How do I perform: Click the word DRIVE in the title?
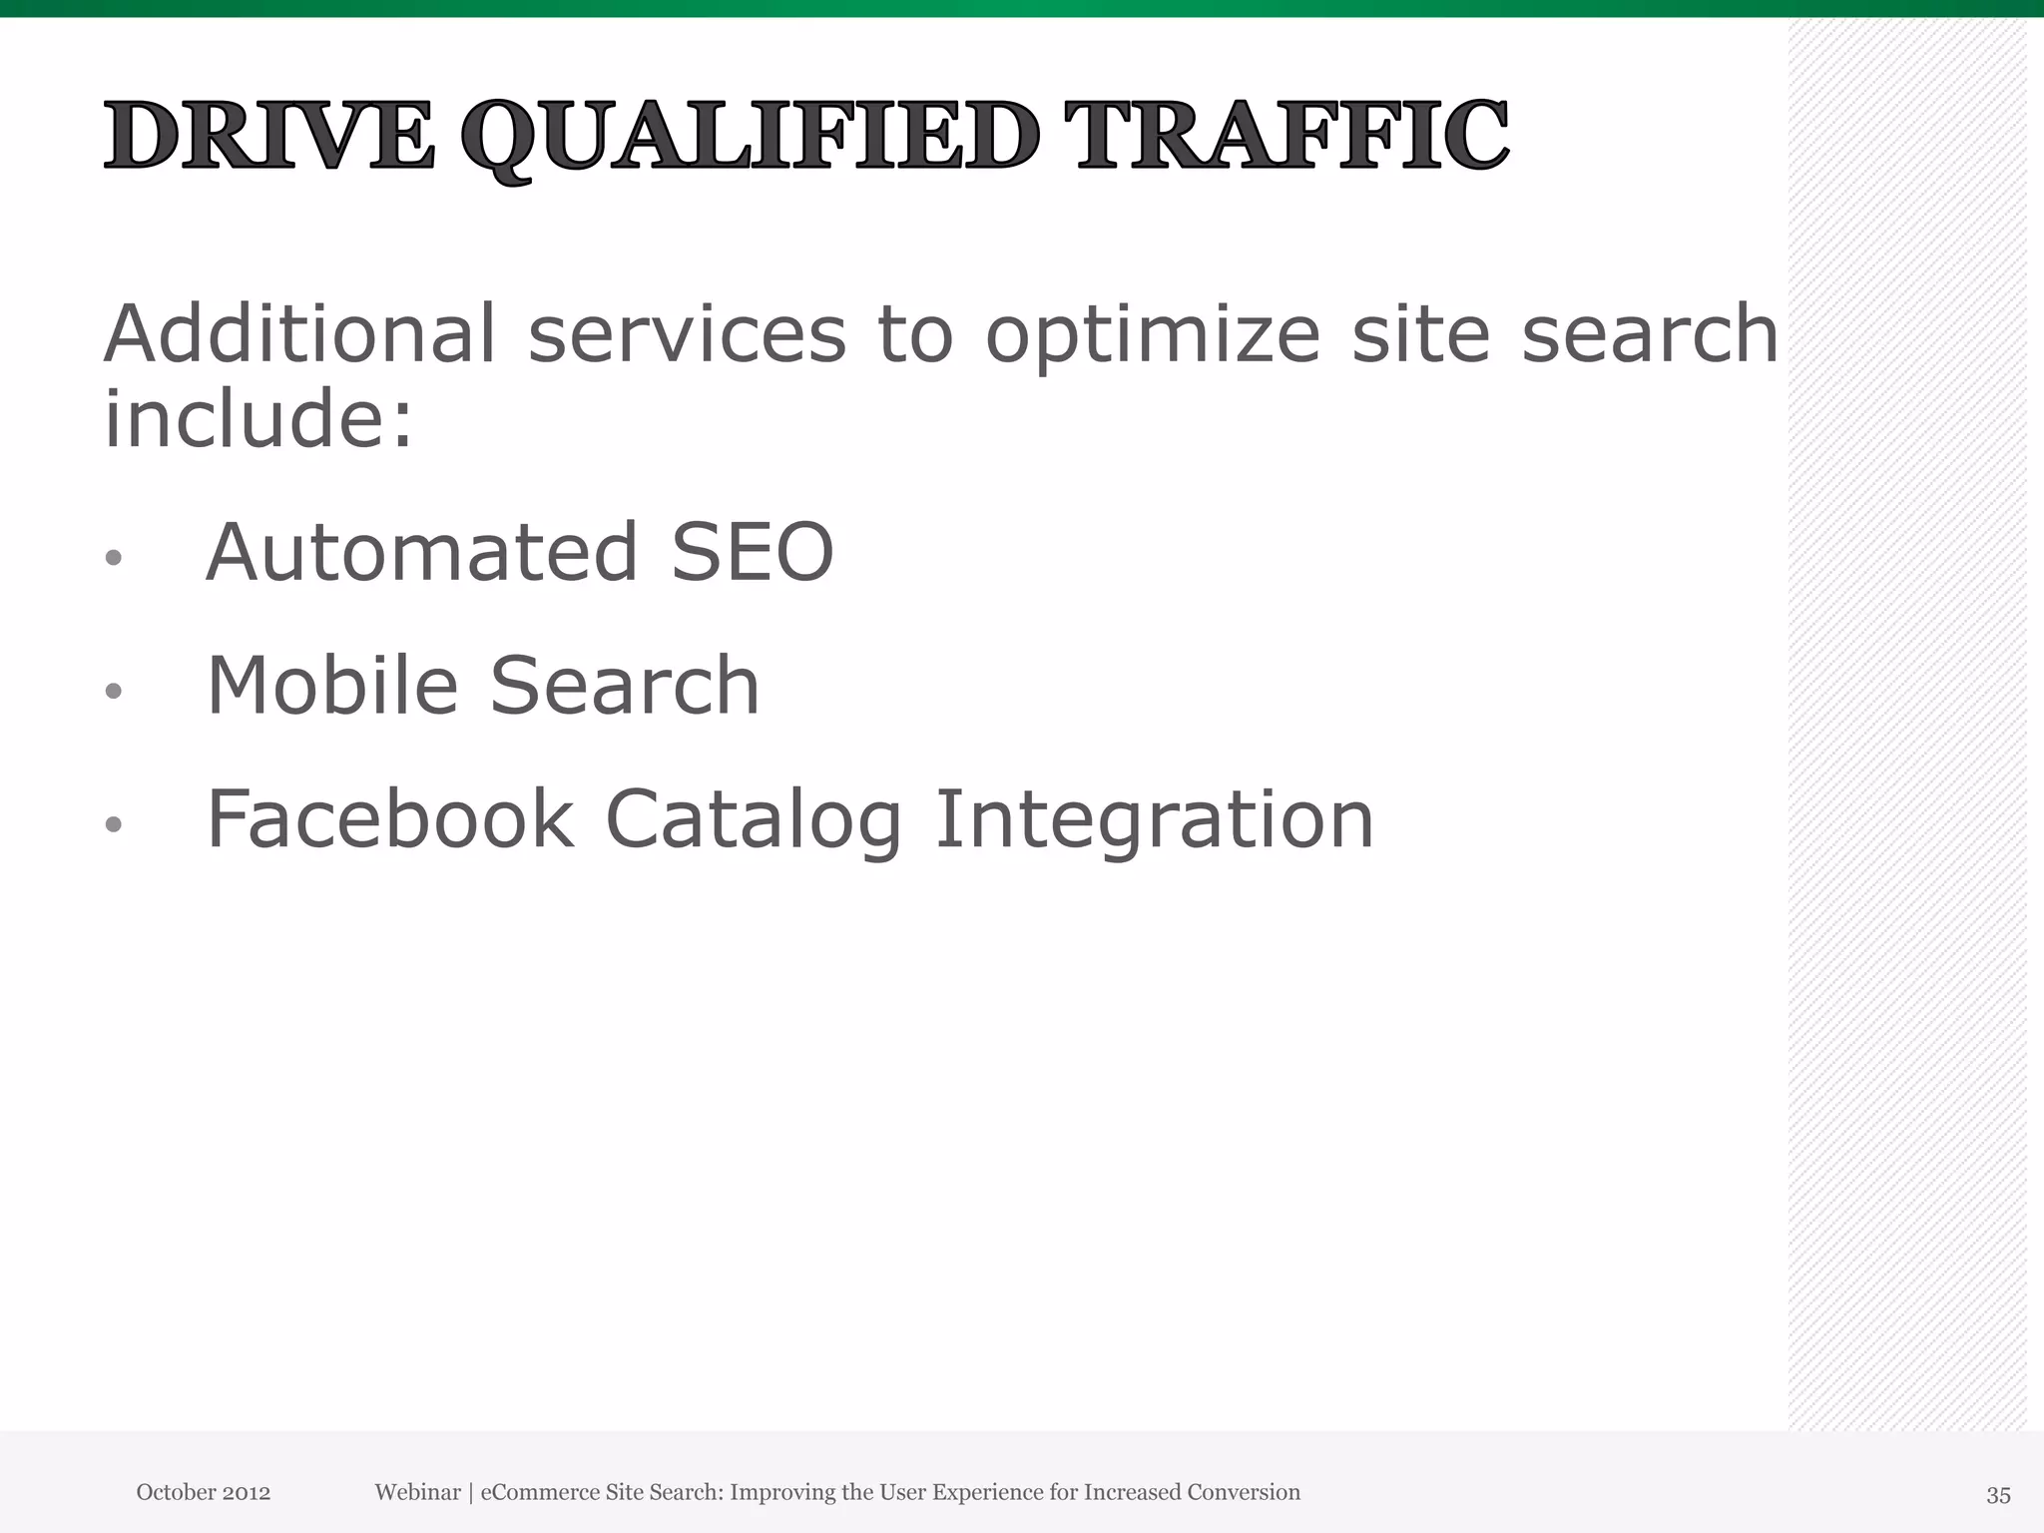[x=269, y=136]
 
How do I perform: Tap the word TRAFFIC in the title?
[x=1286, y=136]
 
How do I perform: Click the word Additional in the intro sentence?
[x=299, y=333]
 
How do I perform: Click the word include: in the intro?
[x=258, y=418]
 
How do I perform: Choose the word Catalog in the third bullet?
[x=754, y=821]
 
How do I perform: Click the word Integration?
[x=1155, y=821]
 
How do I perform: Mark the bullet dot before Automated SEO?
[x=114, y=558]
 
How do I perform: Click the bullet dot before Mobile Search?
[x=114, y=691]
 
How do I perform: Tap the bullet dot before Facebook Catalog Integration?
[x=114, y=824]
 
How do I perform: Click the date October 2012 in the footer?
[x=204, y=1492]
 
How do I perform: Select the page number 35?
[x=1998, y=1495]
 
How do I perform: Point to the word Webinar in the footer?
[x=417, y=1492]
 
